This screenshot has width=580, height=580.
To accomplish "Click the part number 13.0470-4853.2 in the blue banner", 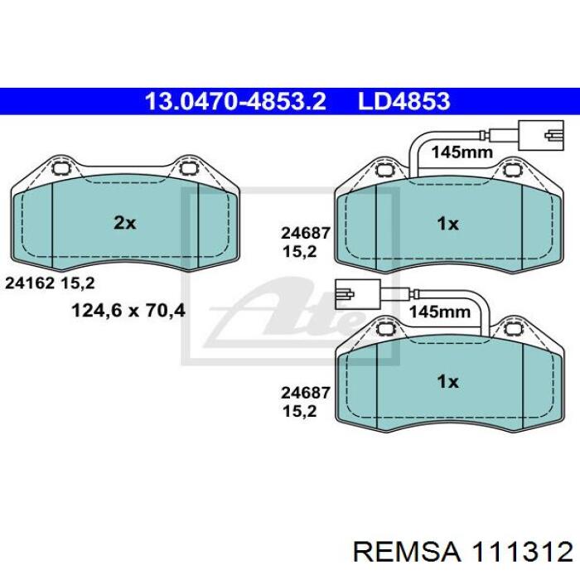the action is coord(235,101).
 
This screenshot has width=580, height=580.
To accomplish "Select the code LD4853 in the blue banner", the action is coord(404,101).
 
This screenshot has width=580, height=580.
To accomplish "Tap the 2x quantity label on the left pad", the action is coord(124,223).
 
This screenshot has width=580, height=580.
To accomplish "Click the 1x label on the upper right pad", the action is coord(447,224).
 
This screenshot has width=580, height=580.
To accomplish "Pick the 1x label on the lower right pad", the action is coord(447,381).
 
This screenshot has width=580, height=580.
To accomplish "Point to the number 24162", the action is coord(30,283).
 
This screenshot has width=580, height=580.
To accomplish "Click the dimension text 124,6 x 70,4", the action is coord(128,311).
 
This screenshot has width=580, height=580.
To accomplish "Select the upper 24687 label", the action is coord(305,233).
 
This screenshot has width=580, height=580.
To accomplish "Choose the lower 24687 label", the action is coord(305,393).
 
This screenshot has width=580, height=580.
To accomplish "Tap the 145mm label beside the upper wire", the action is coord(462,152).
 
